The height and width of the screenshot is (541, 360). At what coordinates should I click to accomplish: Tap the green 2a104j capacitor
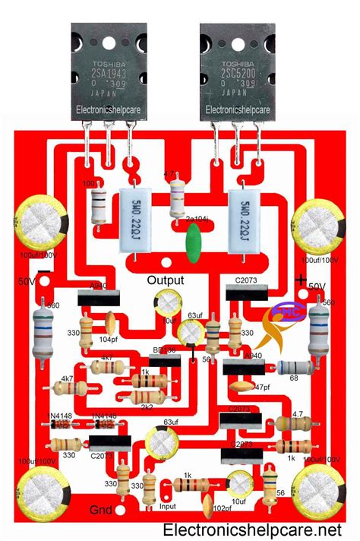click(x=193, y=247)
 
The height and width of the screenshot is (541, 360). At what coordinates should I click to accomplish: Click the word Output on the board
click(x=166, y=280)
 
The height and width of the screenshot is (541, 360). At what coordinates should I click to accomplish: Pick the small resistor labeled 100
click(x=99, y=205)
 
